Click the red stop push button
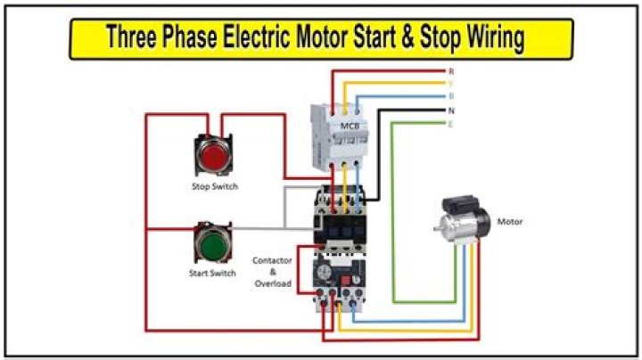[x=213, y=155]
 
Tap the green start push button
[x=213, y=243]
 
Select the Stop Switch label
[x=215, y=186]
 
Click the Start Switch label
[x=212, y=273]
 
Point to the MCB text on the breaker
[x=350, y=126]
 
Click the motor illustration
[x=463, y=220]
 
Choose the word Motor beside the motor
[x=510, y=222]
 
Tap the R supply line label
[x=451, y=71]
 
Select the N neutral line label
[x=451, y=110]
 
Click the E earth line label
[x=451, y=125]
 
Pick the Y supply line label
[x=451, y=84]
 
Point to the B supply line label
[x=451, y=96]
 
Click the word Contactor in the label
[x=272, y=260]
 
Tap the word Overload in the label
[x=273, y=283]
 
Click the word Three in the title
[x=131, y=37]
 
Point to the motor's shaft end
[x=436, y=227]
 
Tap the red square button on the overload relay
[x=346, y=280]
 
